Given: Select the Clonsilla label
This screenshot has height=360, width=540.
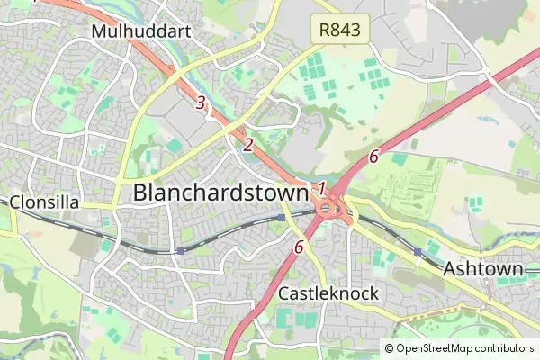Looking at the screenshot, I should (45, 202).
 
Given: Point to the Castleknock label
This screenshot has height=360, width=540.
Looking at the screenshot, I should (328, 293).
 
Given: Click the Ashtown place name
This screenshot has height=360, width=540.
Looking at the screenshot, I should (483, 269).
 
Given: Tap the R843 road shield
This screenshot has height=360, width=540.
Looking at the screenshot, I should (341, 30).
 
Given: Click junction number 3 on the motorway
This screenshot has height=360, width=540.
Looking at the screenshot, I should (200, 102).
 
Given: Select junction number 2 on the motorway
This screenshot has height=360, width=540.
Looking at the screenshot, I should (248, 144).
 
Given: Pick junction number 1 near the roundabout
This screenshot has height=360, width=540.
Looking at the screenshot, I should (320, 188).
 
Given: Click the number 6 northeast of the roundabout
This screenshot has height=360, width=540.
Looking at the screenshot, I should (373, 157).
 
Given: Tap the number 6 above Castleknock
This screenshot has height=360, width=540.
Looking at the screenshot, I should (299, 246).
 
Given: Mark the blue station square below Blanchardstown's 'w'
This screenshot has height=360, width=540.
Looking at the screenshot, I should (282, 218).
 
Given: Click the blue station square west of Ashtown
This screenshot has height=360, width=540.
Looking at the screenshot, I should (417, 251).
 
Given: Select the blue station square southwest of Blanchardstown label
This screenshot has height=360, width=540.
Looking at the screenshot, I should (181, 250).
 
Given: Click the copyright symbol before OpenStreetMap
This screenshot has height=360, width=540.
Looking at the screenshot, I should (389, 347).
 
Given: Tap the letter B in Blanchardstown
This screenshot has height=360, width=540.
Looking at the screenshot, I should (141, 192).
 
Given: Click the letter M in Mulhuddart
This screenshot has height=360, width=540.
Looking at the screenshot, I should (98, 31).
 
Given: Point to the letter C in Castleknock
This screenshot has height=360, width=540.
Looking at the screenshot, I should (284, 293).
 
